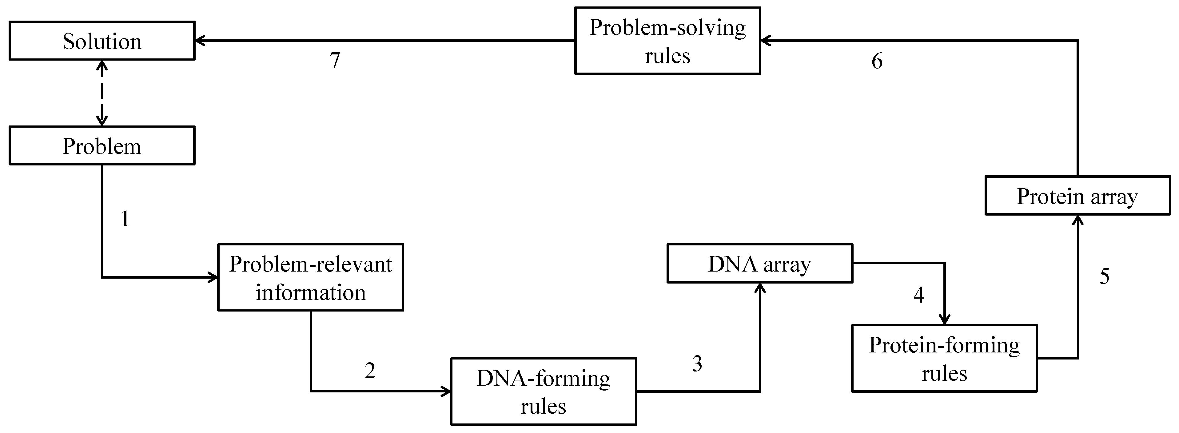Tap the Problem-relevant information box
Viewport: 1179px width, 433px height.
pyautogui.click(x=310, y=277)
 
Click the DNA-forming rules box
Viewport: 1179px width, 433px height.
pyautogui.click(x=543, y=391)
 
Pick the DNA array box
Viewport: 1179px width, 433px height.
pyautogui.click(x=759, y=264)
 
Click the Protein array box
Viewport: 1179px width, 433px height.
pyautogui.click(x=1077, y=196)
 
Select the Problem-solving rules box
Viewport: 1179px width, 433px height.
pyautogui.click(x=667, y=41)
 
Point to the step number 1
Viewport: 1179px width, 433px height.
pyautogui.click(x=125, y=219)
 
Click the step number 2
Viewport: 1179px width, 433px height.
pyautogui.click(x=370, y=370)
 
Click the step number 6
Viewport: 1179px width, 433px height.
pyautogui.click(x=876, y=61)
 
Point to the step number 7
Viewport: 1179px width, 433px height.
pyautogui.click(x=335, y=60)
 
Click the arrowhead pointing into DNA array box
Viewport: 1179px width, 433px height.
pyautogui.click(x=760, y=288)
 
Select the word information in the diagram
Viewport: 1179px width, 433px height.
pyautogui.click(x=310, y=292)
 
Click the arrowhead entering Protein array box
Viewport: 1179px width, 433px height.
pyautogui.click(x=1078, y=220)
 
